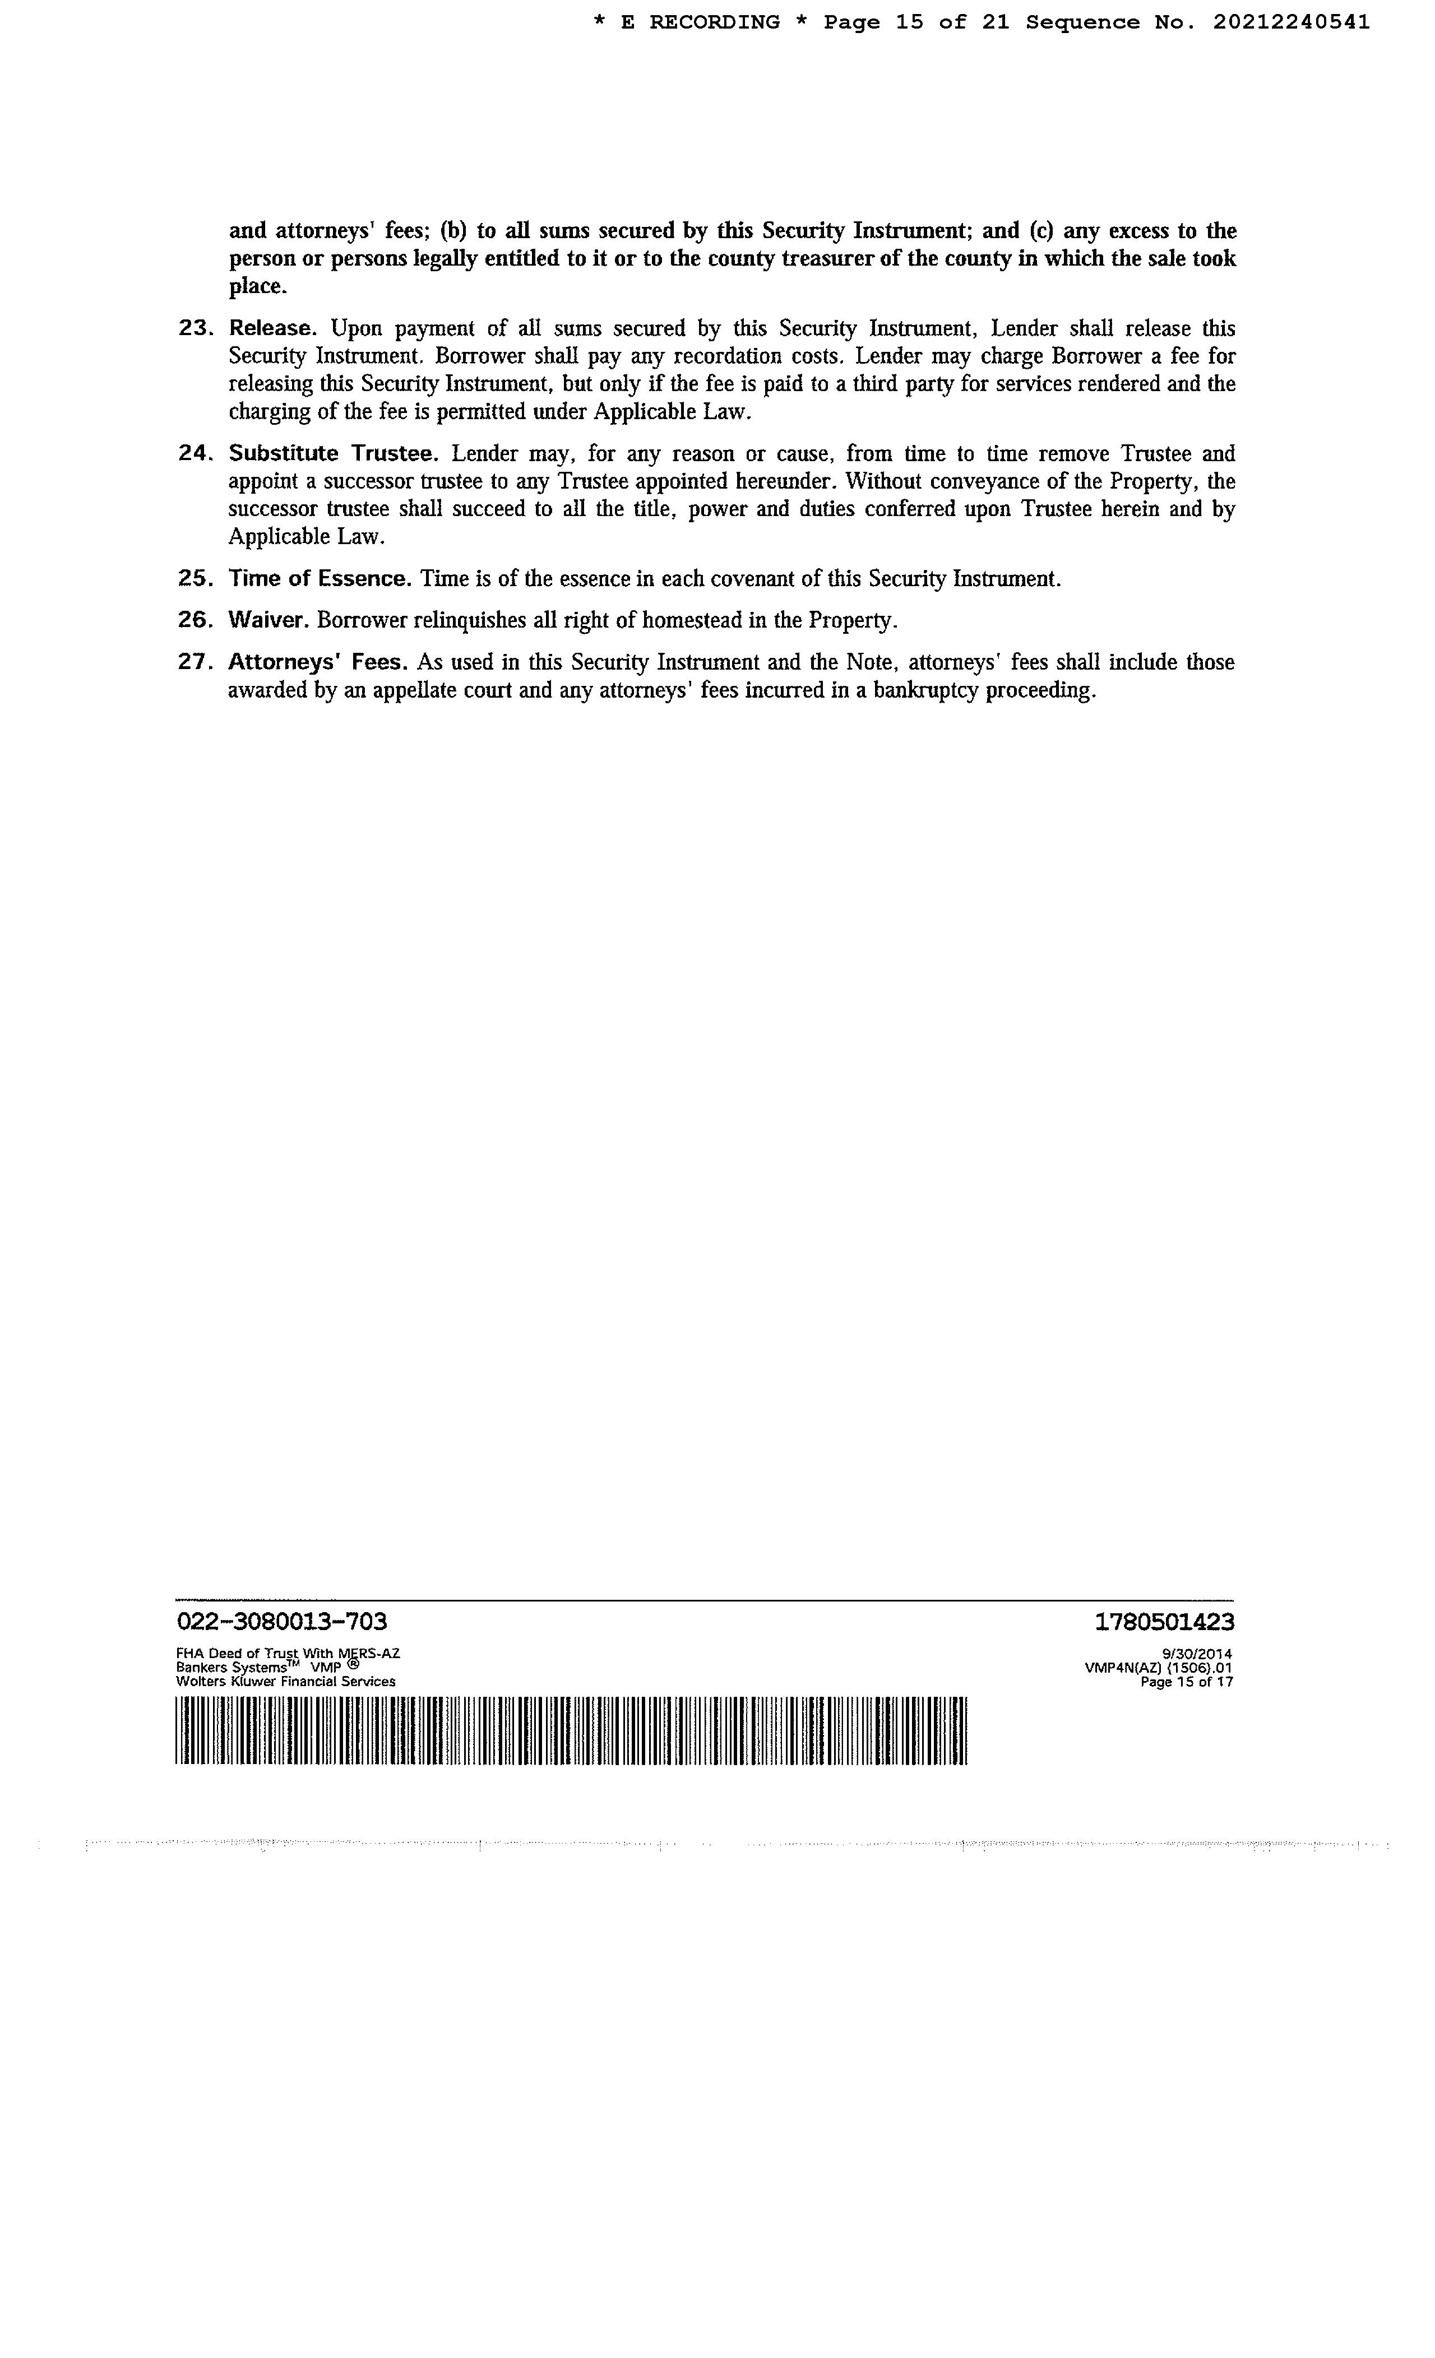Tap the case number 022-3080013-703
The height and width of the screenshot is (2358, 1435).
(x=283, y=1621)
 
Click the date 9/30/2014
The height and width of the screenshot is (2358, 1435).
(x=1197, y=1653)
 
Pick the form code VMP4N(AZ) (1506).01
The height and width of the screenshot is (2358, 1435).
(x=1158, y=1667)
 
